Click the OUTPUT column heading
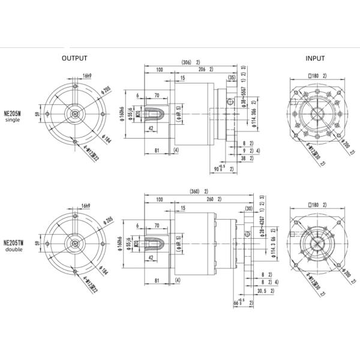click(75, 58)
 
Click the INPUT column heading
click(315, 58)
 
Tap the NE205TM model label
click(13, 242)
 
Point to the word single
click(13, 120)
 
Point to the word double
click(13, 250)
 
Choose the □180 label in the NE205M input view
click(313, 76)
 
